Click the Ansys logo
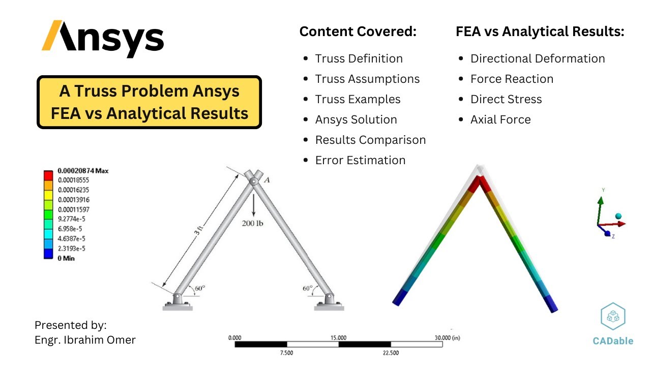(x=102, y=39)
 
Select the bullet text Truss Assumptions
(x=367, y=79)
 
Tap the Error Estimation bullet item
(x=360, y=160)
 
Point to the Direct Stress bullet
(x=506, y=99)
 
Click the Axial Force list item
(x=500, y=119)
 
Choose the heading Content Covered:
(x=358, y=32)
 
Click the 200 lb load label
(x=252, y=223)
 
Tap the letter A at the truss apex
(x=267, y=179)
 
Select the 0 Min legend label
(x=66, y=258)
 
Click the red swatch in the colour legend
(x=48, y=175)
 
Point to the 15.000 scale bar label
(x=339, y=338)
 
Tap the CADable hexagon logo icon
(x=613, y=316)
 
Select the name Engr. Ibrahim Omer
(x=85, y=340)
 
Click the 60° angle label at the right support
(x=308, y=288)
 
